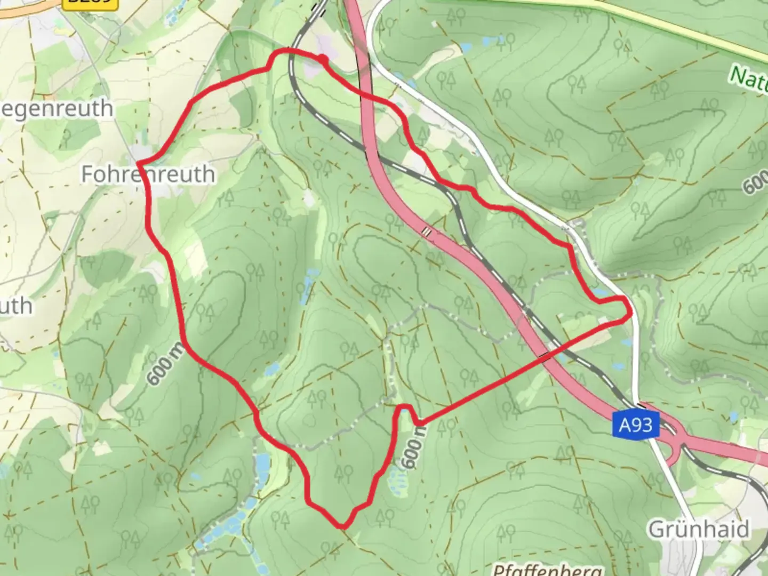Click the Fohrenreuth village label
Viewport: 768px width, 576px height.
point(148,174)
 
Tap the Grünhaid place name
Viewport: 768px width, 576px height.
point(699,530)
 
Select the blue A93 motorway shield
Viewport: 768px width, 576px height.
point(636,425)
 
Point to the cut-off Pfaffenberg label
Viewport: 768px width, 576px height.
point(548,570)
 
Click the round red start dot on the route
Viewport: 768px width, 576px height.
point(322,59)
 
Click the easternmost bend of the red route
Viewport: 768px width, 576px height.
point(630,312)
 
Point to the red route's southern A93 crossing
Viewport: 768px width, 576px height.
point(545,356)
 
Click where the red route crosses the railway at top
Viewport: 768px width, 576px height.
point(291,51)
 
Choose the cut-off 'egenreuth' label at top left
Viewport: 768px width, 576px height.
point(56,109)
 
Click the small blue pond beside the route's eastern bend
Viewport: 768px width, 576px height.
point(601,293)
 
